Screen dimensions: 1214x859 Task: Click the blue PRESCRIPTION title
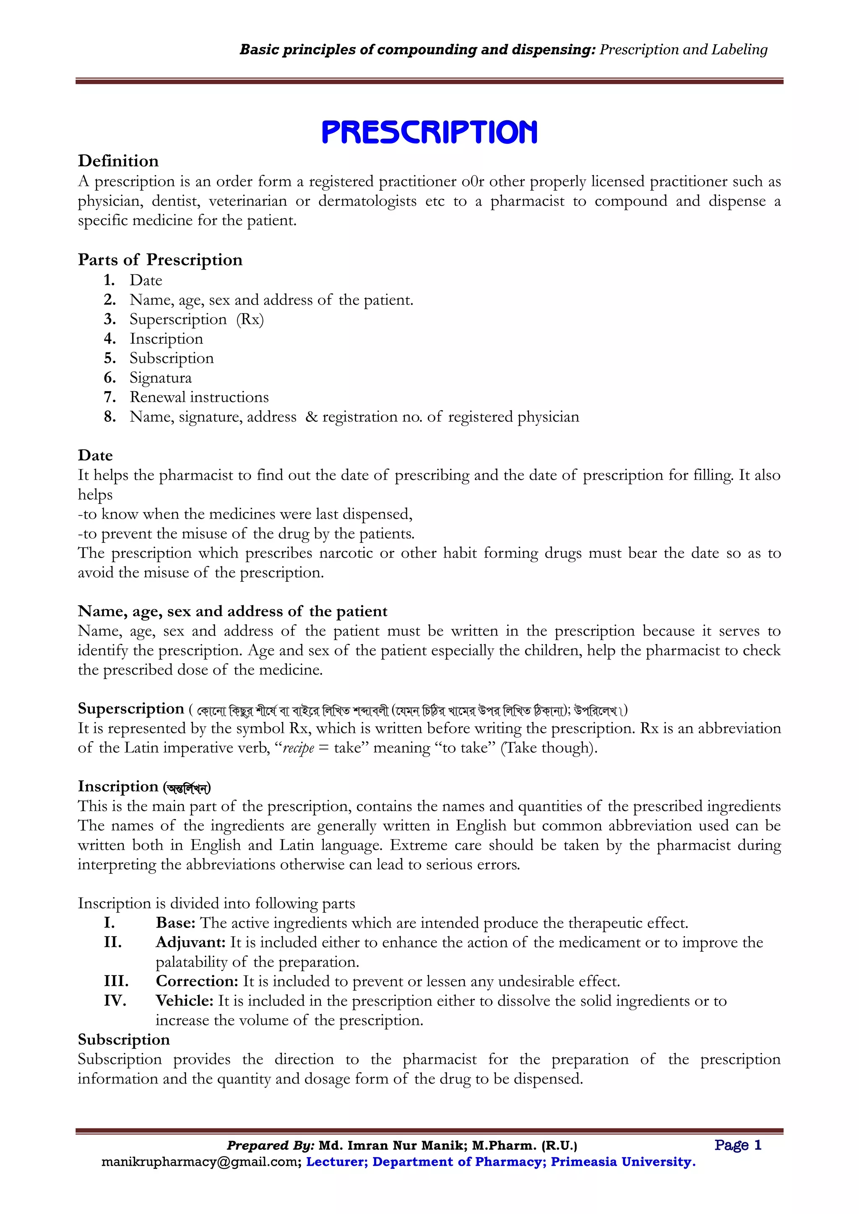pos(429,132)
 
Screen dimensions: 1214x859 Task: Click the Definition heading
pos(118,161)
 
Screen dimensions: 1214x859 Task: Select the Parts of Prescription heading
pos(160,259)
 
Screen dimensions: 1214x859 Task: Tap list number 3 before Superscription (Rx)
pos(109,319)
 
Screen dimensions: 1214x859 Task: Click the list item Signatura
pos(160,378)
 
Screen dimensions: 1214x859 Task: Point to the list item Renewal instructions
pos(199,397)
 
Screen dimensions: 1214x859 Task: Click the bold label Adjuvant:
pos(190,942)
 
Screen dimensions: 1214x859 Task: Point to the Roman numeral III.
pos(116,981)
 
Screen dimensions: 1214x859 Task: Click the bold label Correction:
pos(197,981)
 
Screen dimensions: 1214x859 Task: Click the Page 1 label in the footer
pos(737,1145)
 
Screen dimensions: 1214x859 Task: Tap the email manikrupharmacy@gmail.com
pos(201,1162)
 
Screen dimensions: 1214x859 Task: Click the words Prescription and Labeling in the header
pos(683,50)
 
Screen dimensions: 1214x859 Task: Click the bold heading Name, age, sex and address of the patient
pos(232,611)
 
